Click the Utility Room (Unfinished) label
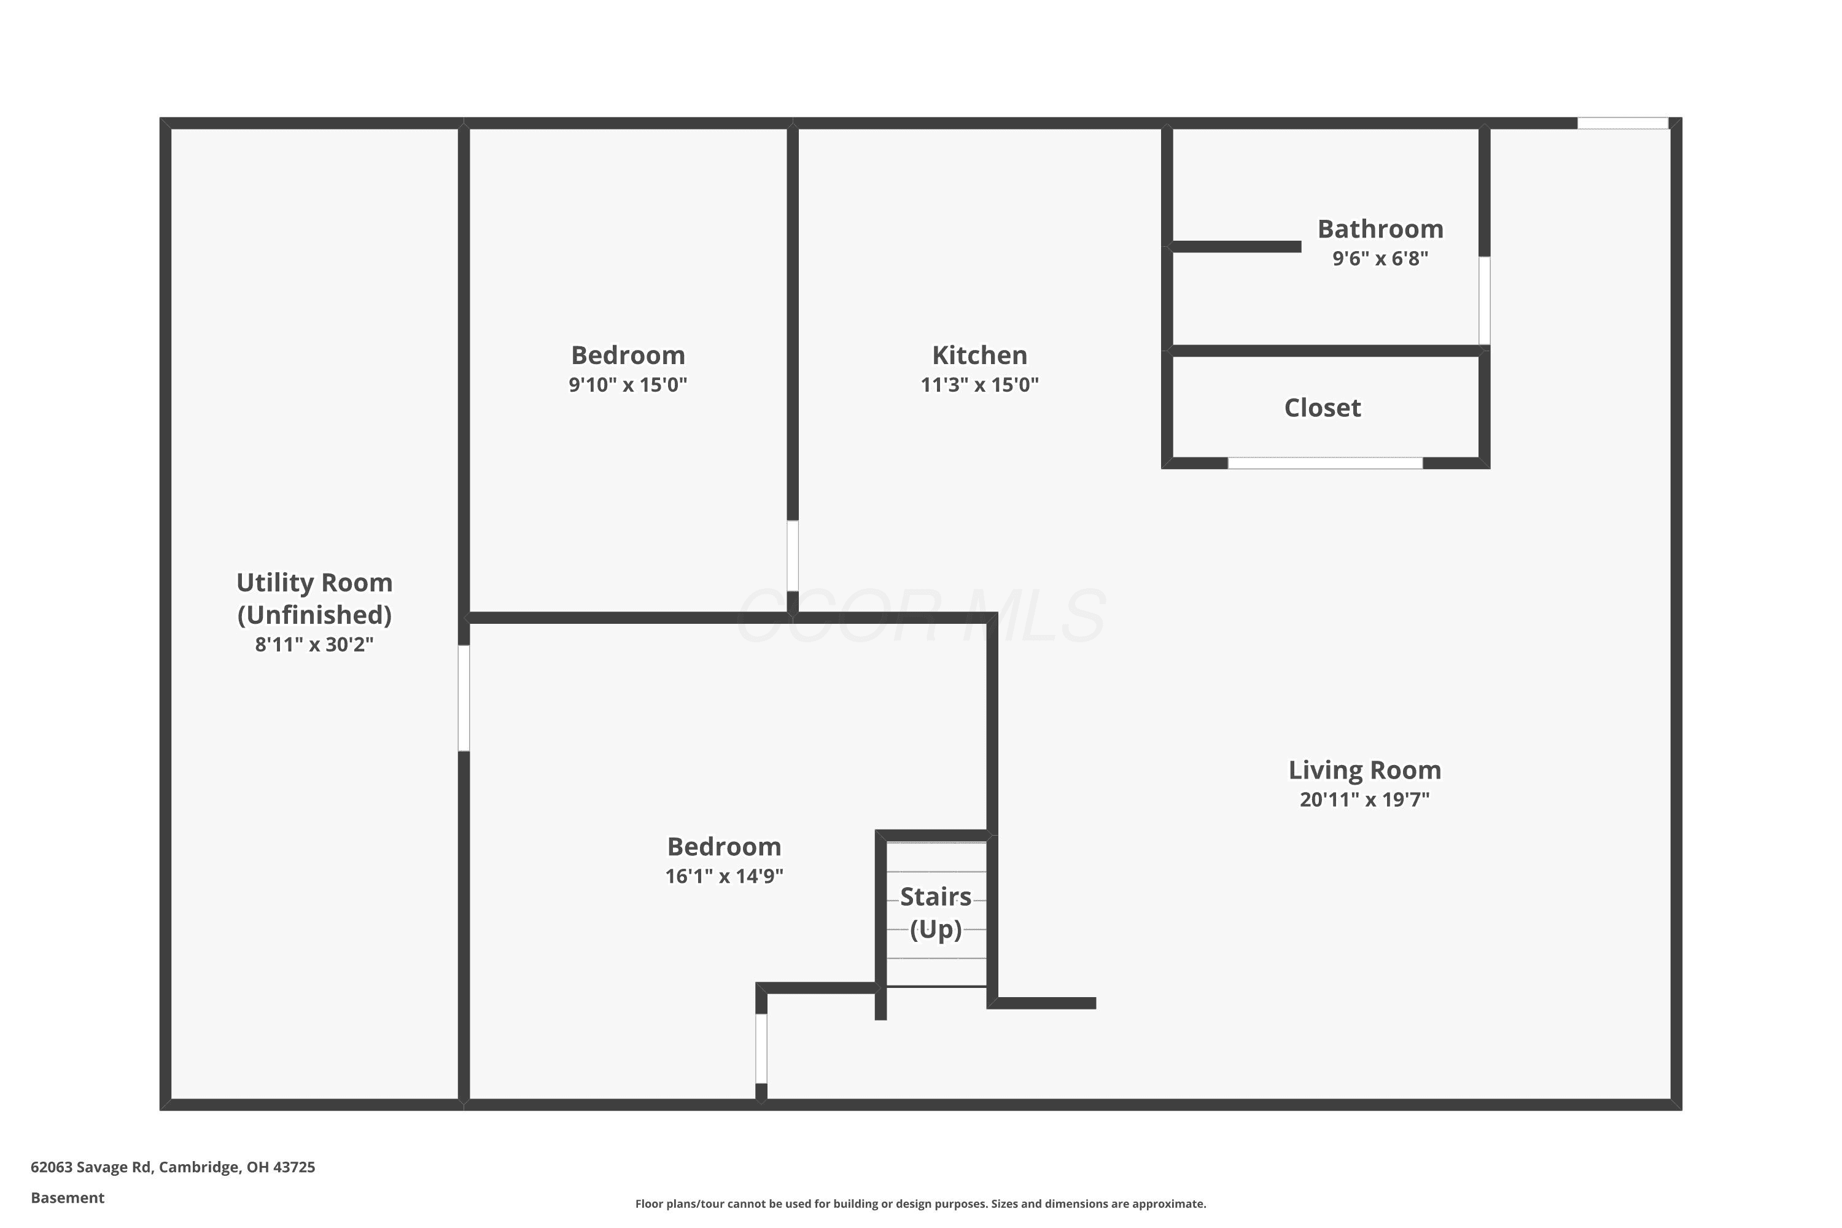pyautogui.click(x=314, y=598)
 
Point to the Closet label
pyautogui.click(x=1322, y=407)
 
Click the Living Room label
pyautogui.click(x=1364, y=771)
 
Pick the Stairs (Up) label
pyautogui.click(x=935, y=912)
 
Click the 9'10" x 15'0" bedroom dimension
pyautogui.click(x=628, y=384)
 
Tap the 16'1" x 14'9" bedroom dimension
pyautogui.click(x=724, y=876)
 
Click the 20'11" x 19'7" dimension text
pyautogui.click(x=1364, y=799)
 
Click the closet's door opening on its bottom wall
pyautogui.click(x=1324, y=463)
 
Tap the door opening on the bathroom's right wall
pyautogui.click(x=1483, y=300)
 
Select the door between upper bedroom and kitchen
pyautogui.click(x=793, y=556)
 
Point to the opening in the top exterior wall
pyautogui.click(x=1622, y=123)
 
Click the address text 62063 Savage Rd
pyautogui.click(x=91, y=1167)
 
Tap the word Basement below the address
pyautogui.click(x=68, y=1197)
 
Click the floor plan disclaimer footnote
pyautogui.click(x=920, y=1203)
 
